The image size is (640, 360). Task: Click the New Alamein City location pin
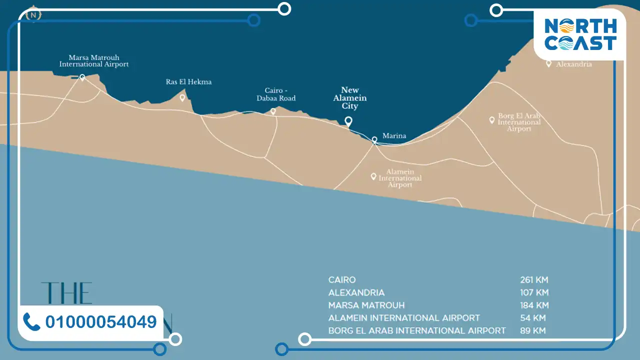click(x=348, y=121)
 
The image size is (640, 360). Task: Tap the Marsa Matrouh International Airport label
click(x=94, y=61)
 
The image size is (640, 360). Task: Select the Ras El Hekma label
click(x=188, y=81)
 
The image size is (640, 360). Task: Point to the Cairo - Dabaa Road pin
click(x=273, y=111)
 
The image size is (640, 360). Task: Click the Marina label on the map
click(x=394, y=135)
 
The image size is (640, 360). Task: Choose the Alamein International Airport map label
click(x=400, y=178)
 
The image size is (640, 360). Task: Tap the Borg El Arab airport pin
click(x=492, y=120)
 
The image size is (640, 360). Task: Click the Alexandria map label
click(x=574, y=64)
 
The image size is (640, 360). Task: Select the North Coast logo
click(x=580, y=34)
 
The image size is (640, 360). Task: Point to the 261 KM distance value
click(x=534, y=280)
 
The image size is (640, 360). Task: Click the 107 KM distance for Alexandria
click(x=534, y=292)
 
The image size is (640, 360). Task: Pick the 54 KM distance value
click(x=532, y=318)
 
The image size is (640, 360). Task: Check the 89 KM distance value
click(x=532, y=330)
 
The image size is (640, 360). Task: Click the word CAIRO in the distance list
click(x=342, y=280)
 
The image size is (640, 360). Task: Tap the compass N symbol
click(x=33, y=15)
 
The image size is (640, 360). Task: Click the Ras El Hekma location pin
click(x=182, y=98)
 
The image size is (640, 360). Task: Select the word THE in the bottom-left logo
click(x=66, y=293)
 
